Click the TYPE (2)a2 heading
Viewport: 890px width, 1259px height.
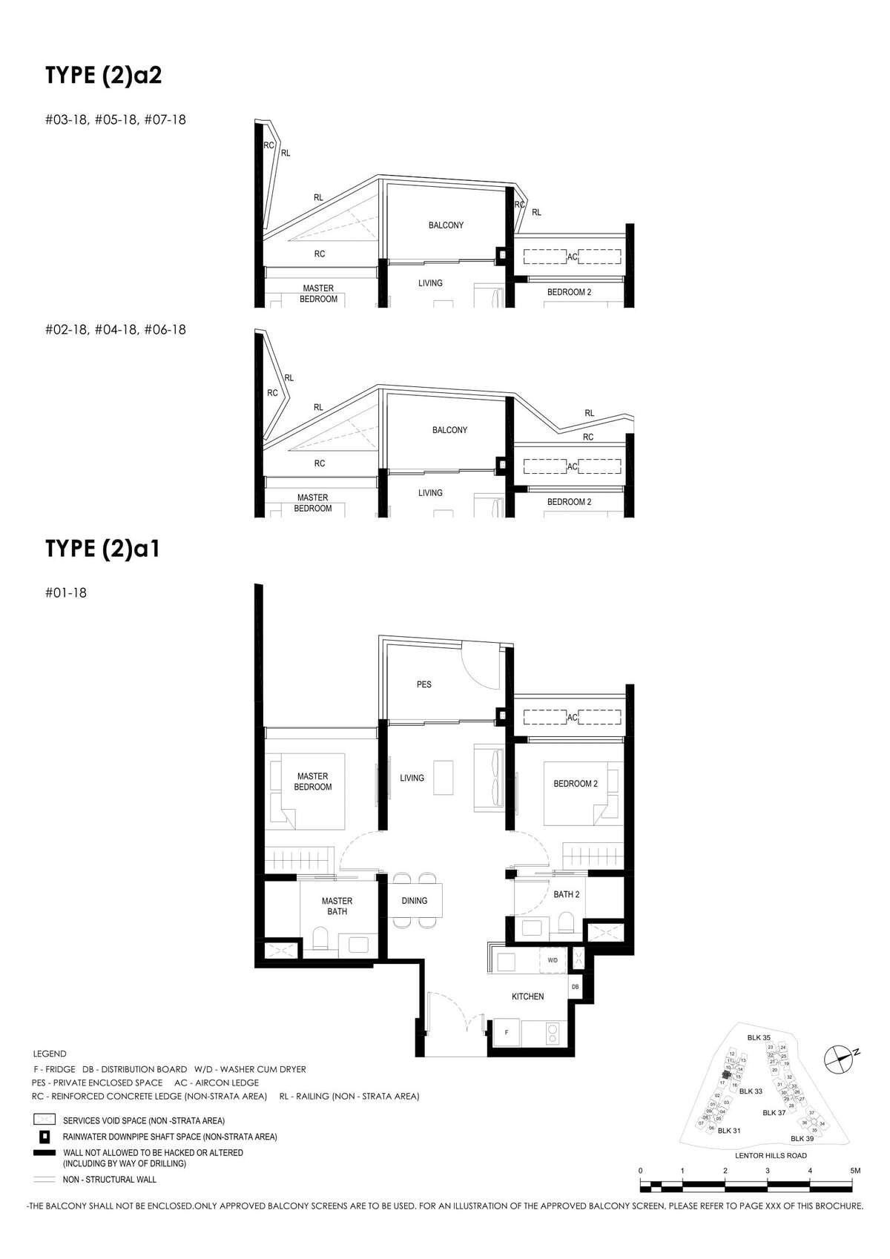(x=103, y=76)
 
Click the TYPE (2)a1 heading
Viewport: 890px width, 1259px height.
(x=102, y=549)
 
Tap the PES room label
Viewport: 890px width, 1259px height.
(x=423, y=684)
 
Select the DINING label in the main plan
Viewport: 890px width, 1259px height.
(x=415, y=901)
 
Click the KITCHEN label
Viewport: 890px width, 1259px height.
(x=528, y=997)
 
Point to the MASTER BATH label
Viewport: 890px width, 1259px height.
(x=337, y=906)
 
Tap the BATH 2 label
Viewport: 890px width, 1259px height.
(x=566, y=894)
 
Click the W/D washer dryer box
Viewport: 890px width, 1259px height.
(x=553, y=960)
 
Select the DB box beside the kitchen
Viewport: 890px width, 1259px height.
(x=575, y=987)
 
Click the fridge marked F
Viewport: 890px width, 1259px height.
(x=507, y=1032)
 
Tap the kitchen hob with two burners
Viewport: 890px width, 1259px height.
(x=553, y=1033)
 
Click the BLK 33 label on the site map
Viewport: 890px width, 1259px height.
(x=751, y=1091)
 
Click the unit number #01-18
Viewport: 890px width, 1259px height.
(x=66, y=593)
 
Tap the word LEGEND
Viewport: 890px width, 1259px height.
(x=50, y=1054)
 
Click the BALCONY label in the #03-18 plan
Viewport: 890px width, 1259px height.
(x=446, y=225)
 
